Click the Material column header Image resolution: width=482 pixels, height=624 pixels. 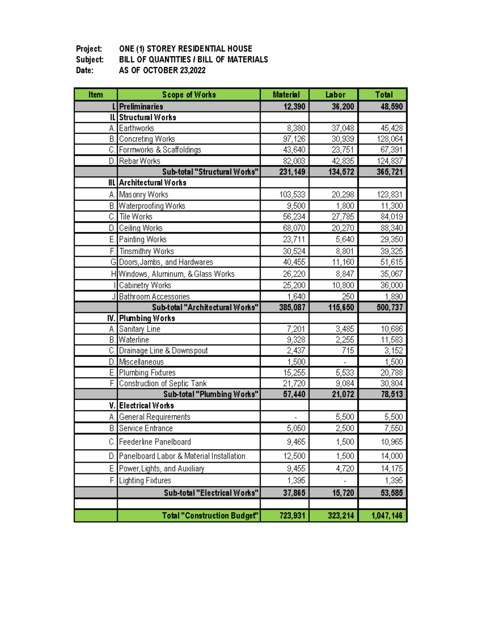[286, 94]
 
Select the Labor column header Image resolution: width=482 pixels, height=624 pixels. [335, 94]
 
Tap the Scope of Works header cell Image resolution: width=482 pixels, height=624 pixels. [189, 94]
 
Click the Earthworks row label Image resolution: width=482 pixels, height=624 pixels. [137, 128]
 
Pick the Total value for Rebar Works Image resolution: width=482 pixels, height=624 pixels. [389, 161]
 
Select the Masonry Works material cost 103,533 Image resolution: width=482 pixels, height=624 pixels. [292, 194]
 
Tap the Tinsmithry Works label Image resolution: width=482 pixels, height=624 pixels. [147, 251]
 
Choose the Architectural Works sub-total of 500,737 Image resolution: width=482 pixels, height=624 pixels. [389, 307]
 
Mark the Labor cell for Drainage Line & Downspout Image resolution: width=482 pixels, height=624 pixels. [348, 350]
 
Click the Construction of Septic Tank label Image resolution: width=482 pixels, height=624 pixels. [163, 383]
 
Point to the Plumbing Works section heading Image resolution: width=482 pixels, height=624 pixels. [147, 318]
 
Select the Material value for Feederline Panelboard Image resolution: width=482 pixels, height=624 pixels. [296, 442]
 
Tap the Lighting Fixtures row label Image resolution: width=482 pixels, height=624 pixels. [145, 481]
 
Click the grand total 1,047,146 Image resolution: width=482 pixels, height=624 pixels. [386, 516]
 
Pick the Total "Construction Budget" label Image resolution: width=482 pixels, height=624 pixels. [210, 516]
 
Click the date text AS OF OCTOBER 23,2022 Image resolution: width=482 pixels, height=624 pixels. [162, 70]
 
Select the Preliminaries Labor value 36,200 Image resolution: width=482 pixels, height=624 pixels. [343, 106]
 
